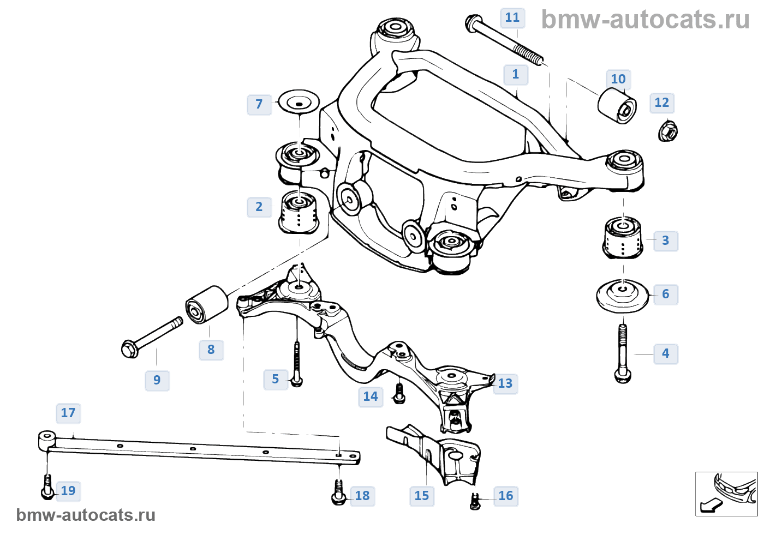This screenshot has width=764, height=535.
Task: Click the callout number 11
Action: coord(512,18)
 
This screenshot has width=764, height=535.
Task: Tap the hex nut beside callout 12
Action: coord(668,131)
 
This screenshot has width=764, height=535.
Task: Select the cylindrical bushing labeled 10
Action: coord(617,106)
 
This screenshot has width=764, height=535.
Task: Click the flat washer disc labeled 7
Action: coord(298,102)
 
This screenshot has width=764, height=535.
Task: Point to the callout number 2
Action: coord(259,207)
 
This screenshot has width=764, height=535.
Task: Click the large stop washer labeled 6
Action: coord(623,295)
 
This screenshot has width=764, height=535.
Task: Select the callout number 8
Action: coord(211,350)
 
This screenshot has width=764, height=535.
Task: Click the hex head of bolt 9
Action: coord(129,348)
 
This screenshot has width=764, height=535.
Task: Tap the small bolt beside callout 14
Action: coord(399,394)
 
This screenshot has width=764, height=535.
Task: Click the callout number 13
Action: coord(505,384)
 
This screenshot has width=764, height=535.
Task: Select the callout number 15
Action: coord(422,496)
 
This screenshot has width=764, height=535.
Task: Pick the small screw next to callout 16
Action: coord(475,501)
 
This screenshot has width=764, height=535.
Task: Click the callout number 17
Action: coord(68,413)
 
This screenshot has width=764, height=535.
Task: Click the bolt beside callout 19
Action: coord(47,488)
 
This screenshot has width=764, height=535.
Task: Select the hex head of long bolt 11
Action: coord(473,23)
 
